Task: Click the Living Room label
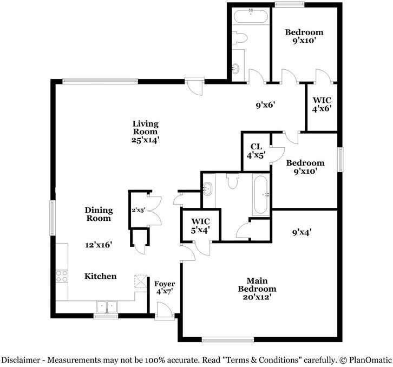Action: [x=145, y=132]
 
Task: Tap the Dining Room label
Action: [x=99, y=214]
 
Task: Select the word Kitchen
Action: [x=100, y=276]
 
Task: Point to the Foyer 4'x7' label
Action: [x=164, y=288]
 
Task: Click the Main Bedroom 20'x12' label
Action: [x=257, y=289]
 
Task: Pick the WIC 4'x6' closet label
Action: [x=322, y=104]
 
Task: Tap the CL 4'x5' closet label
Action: [x=256, y=150]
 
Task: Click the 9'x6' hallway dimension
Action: [x=266, y=105]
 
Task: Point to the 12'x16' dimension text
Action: [x=98, y=245]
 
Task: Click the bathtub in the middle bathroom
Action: [x=260, y=195]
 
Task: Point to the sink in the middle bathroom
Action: [x=208, y=188]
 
